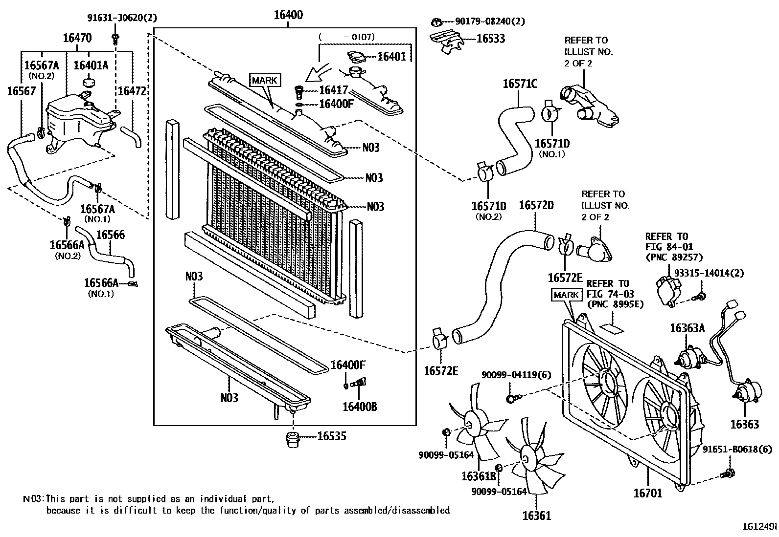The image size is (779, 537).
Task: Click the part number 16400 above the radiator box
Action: coord(288,15)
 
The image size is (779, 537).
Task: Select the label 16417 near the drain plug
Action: coord(333,90)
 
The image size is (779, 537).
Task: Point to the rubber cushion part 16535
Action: coord(293,439)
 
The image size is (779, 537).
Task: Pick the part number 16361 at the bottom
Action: coord(536,516)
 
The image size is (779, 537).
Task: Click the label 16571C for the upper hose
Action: coord(520,84)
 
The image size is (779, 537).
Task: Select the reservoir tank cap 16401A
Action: coord(89,81)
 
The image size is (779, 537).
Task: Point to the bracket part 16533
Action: coord(446,41)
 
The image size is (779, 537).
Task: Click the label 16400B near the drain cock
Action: coord(360,407)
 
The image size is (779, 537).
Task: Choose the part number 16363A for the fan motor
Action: coord(687,328)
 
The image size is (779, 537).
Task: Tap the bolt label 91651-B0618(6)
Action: coord(737,450)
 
